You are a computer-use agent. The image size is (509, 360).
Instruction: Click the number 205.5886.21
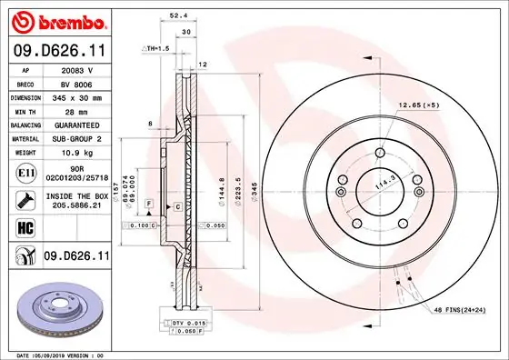pyautogui.click(x=75, y=206)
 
